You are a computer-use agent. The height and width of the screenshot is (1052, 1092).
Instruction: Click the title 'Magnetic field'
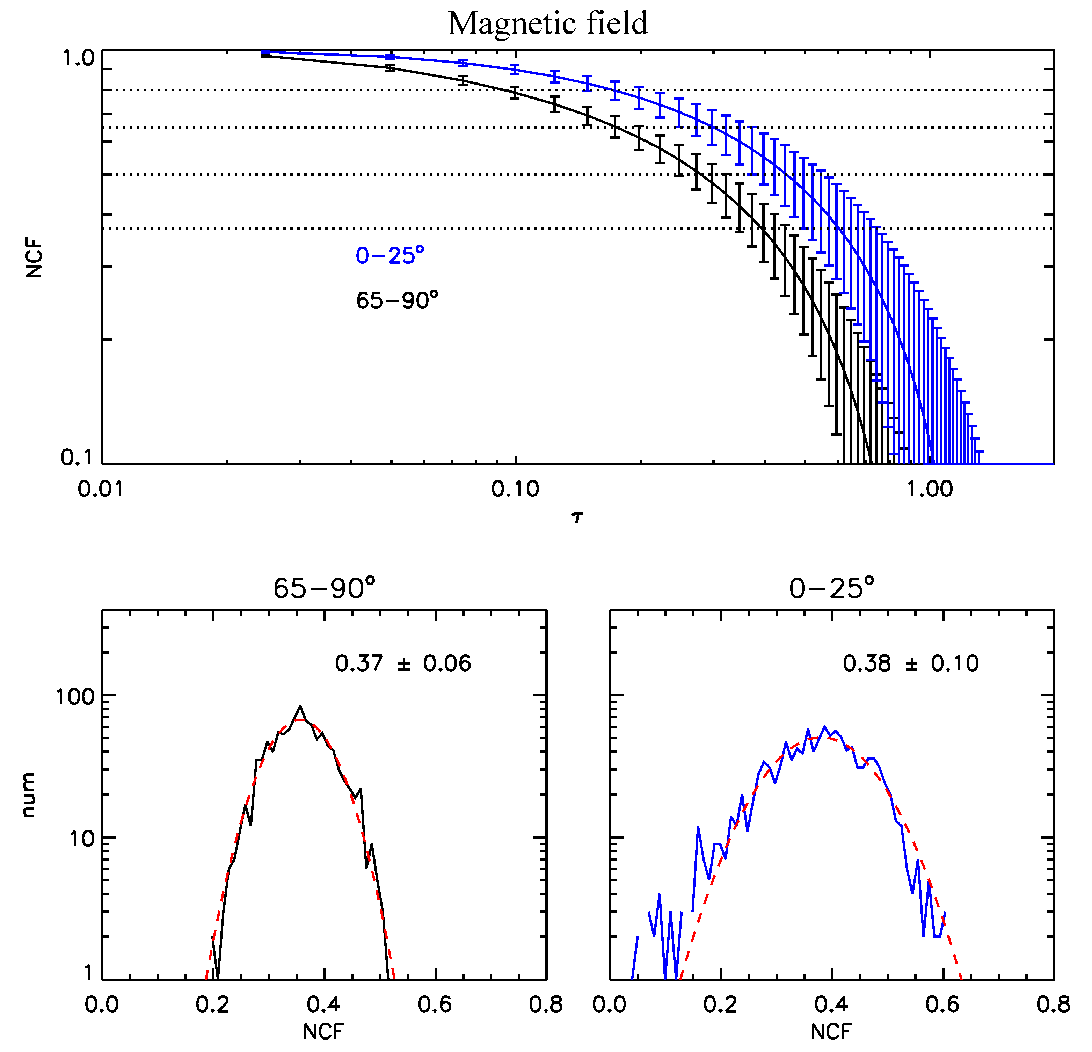(x=548, y=23)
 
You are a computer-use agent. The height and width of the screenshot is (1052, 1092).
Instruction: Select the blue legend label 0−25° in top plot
(x=390, y=256)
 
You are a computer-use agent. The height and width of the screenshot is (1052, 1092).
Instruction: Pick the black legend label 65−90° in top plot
(x=397, y=301)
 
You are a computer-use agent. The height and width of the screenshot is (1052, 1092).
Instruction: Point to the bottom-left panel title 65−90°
(x=324, y=588)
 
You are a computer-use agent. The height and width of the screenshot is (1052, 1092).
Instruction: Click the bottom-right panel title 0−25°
(x=831, y=588)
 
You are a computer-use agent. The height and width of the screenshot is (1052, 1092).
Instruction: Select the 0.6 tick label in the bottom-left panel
(x=435, y=1004)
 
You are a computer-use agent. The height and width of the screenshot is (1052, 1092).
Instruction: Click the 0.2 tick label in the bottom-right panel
(x=720, y=1004)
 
